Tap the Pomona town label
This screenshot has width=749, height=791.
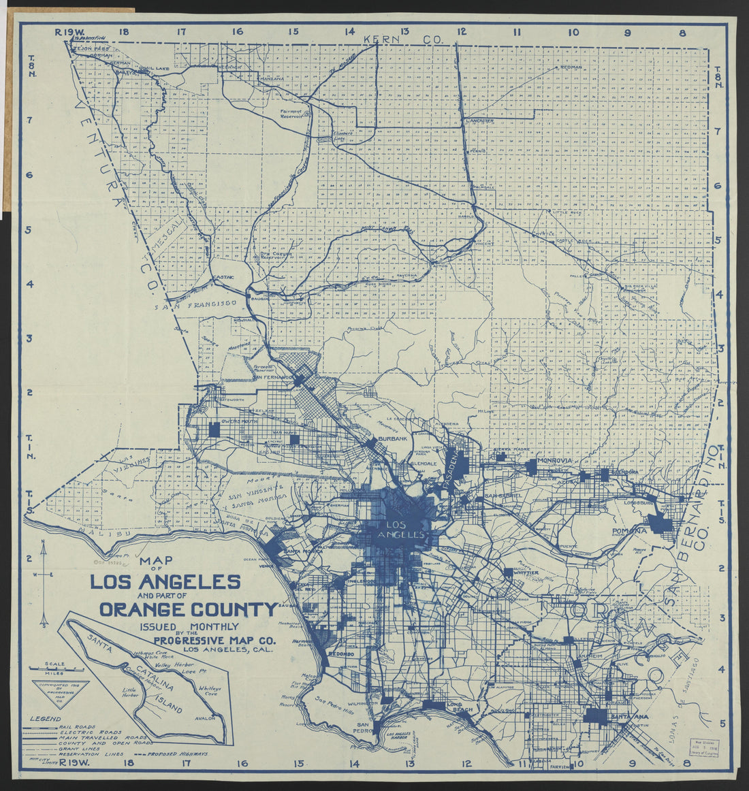(628, 530)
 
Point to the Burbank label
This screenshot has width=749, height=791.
(393, 438)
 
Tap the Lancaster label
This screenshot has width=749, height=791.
(480, 120)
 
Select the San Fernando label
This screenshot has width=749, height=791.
(272, 377)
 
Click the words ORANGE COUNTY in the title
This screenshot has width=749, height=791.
(188, 609)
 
